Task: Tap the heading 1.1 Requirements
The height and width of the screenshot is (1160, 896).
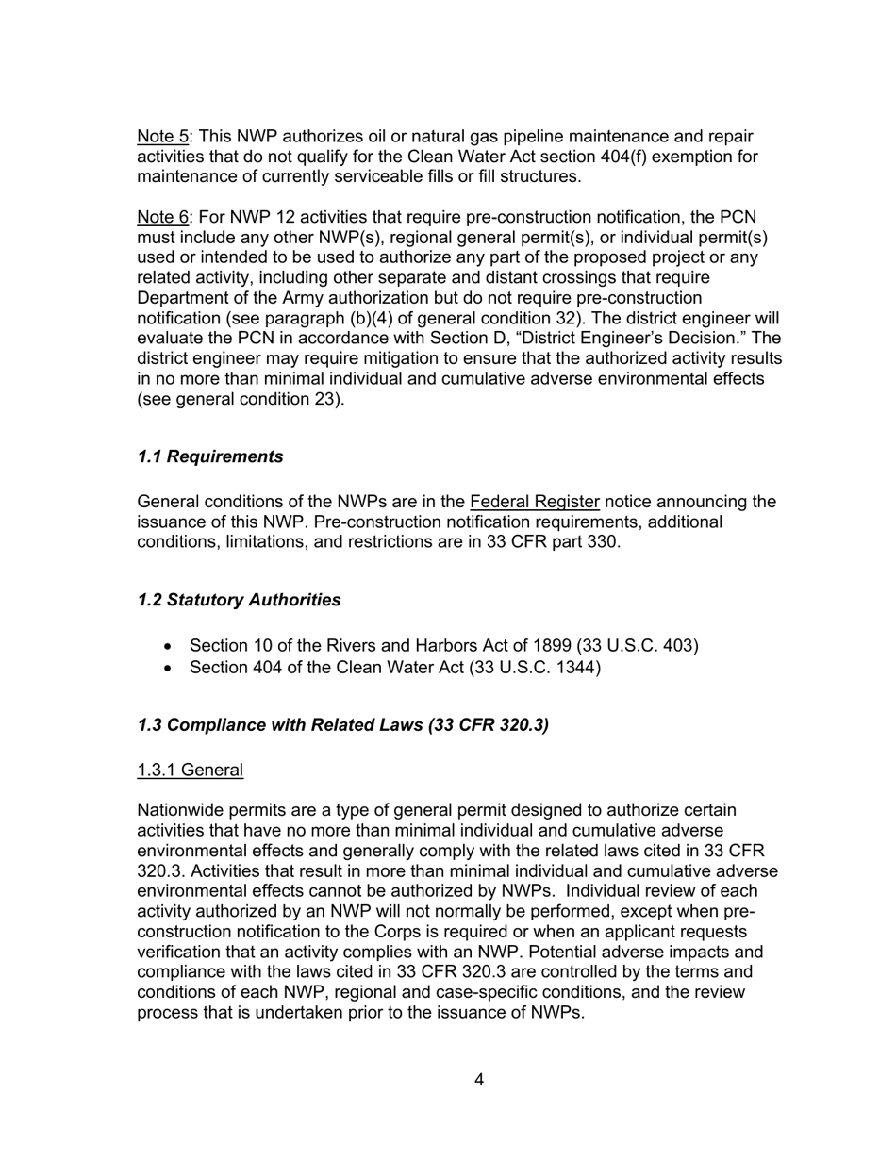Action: [x=209, y=456]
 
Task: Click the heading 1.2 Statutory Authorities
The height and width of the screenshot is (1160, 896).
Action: [x=239, y=600]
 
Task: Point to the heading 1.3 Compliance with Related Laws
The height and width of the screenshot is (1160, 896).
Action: [x=342, y=724]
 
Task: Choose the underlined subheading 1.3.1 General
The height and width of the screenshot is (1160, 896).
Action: [x=190, y=771]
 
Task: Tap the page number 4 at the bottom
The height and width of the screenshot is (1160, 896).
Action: [x=479, y=1080]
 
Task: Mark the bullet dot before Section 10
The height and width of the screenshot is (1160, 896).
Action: [x=168, y=647]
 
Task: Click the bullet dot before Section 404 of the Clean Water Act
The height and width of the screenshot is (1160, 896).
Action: [x=168, y=669]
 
